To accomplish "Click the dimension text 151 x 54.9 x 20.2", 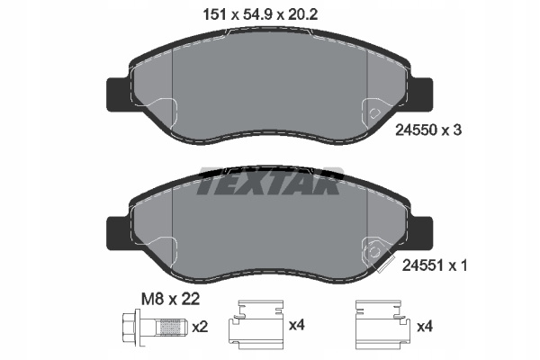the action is click(x=260, y=14).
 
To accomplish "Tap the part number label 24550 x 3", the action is click(x=428, y=130).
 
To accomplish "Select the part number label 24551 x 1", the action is click(x=435, y=265).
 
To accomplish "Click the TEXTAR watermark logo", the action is click(x=270, y=181).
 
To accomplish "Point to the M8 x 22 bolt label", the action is click(x=170, y=299).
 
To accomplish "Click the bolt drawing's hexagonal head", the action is click(x=130, y=326).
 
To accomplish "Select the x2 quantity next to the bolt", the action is click(x=200, y=327).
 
